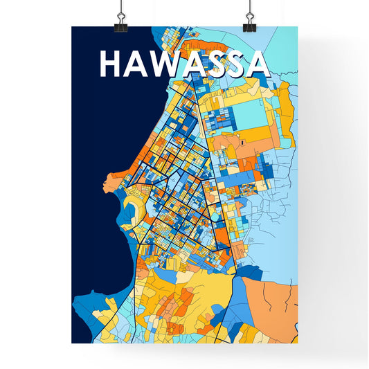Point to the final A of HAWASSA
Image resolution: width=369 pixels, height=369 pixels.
pos(256,64)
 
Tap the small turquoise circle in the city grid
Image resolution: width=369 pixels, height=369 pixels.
pos(213,217)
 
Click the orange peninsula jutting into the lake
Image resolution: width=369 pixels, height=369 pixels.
pos(115,181)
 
